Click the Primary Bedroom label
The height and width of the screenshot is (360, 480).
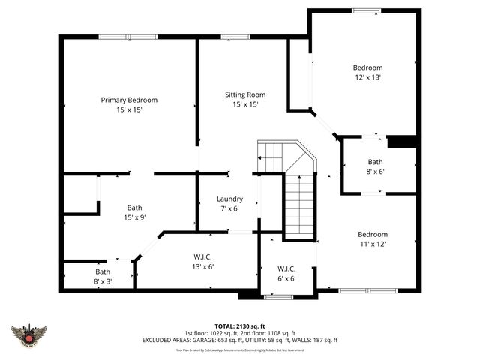[129, 100]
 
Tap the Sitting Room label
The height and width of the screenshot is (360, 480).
[245, 94]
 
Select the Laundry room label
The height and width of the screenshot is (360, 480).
[229, 199]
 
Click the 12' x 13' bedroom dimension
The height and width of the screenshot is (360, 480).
[368, 76]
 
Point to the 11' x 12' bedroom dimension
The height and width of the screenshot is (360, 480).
[372, 243]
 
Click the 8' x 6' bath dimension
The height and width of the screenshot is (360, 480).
[375, 172]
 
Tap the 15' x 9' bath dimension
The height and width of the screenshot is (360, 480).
[134, 217]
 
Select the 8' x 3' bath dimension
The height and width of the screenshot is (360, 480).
[102, 281]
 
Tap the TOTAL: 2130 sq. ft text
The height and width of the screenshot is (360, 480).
[240, 326]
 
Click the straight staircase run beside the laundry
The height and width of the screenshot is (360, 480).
[300, 206]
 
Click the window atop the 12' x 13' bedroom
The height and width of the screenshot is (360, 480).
[366, 10]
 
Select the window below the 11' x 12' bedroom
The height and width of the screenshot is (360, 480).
[366, 290]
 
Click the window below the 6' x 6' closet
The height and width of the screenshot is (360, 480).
[279, 296]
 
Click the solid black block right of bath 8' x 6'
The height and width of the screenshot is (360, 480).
[402, 141]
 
